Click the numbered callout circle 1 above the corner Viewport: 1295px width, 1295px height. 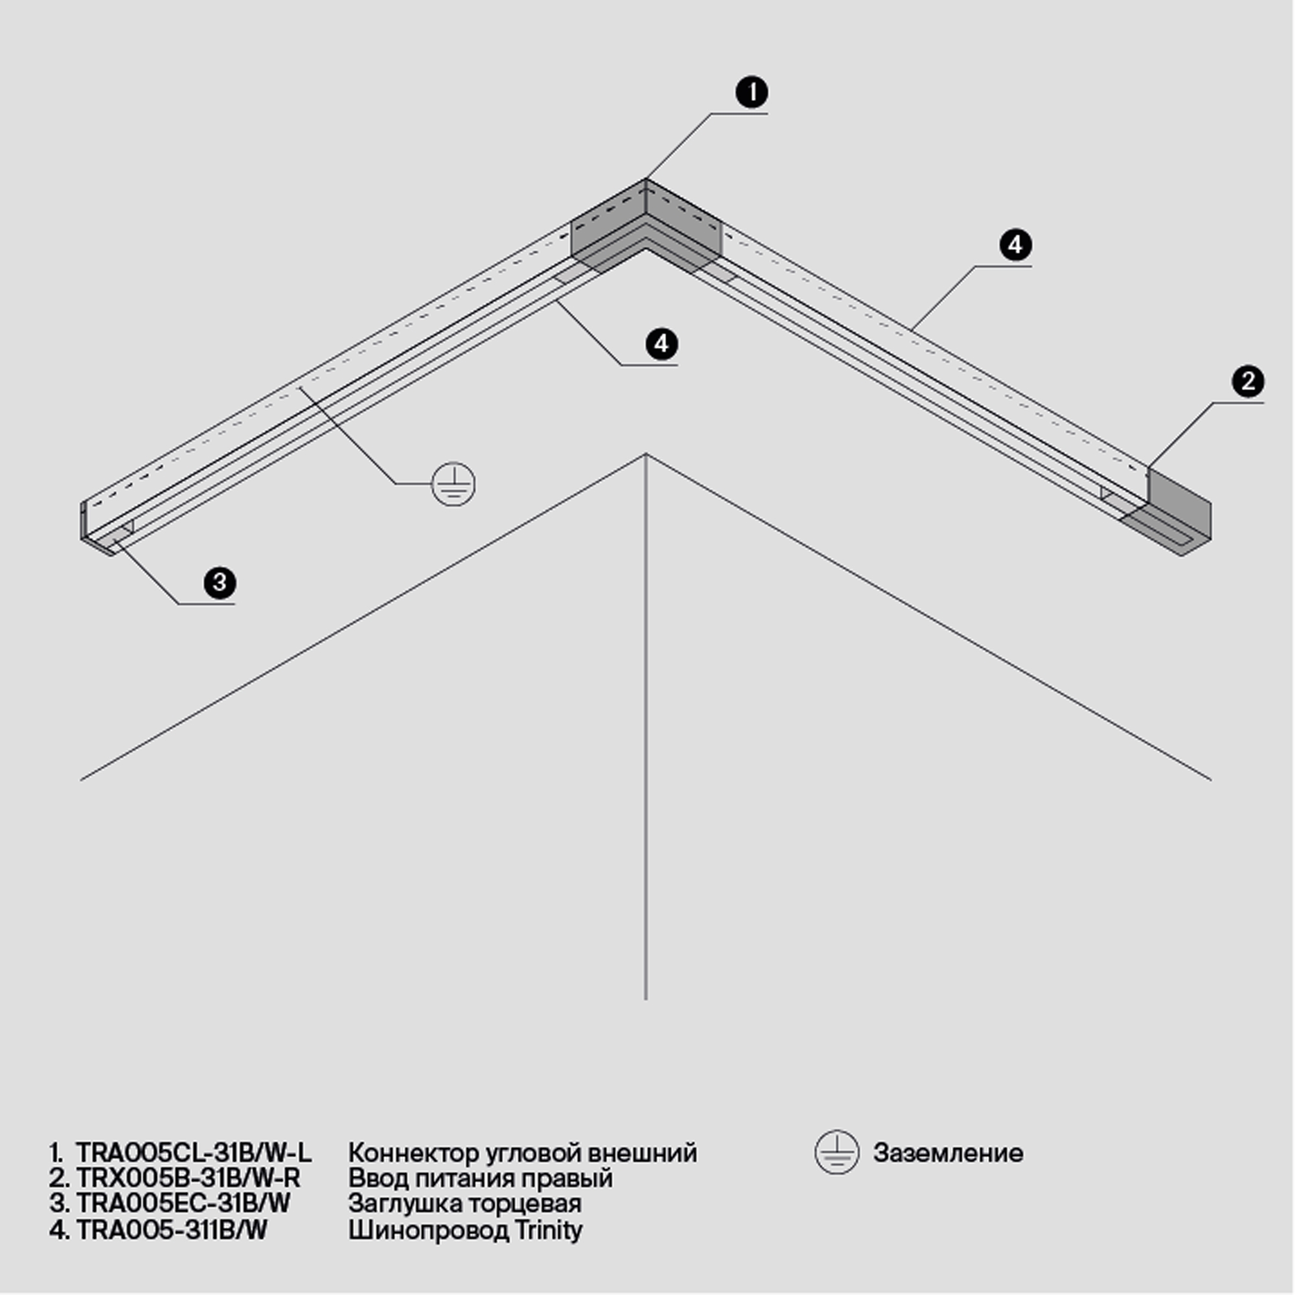tap(751, 93)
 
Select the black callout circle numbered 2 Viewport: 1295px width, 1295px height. tap(1248, 381)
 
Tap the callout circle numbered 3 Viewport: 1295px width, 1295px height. tap(220, 583)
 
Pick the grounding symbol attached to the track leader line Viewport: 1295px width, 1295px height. tap(453, 484)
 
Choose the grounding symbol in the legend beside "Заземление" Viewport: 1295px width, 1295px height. tap(837, 1153)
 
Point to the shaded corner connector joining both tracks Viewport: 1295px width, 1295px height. tap(646, 228)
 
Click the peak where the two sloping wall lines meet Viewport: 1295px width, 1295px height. tap(646, 455)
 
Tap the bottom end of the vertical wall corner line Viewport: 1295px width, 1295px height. tap(646, 1000)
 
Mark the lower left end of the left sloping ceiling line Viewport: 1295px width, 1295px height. tap(81, 780)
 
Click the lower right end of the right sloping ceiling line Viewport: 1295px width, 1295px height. tap(1211, 780)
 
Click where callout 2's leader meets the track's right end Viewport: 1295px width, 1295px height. tap(1147, 468)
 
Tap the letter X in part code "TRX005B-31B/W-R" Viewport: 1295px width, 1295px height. tap(111, 1178)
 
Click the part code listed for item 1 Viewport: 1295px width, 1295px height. tap(194, 1153)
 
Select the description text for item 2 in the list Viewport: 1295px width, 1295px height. tap(480, 1178)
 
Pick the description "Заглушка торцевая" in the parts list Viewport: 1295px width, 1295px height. tap(464, 1203)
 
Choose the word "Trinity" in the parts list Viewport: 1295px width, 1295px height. tap(548, 1230)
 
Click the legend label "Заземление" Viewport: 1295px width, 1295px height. tap(948, 1153)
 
